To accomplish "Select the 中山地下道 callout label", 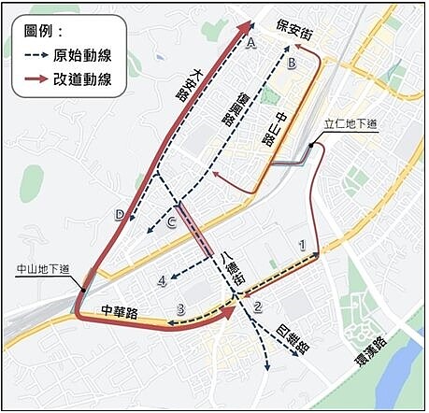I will point(43,271).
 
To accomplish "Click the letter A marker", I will point(251,44).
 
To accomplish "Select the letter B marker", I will point(292,64).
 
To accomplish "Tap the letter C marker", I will point(171,221).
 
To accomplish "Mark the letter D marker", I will point(120,215).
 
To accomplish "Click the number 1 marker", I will point(301,244).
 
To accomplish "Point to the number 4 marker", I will point(163,278).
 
